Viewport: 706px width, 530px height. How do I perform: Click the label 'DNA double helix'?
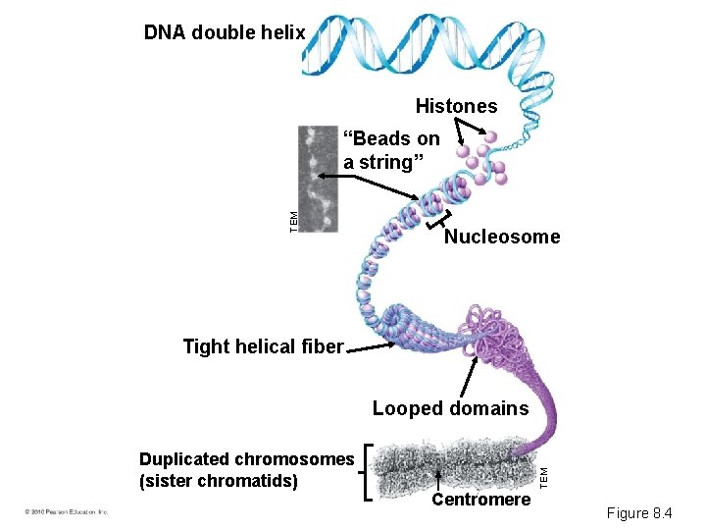pos(225,32)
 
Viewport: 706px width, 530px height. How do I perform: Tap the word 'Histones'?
pos(456,106)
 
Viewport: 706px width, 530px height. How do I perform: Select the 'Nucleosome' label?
pos(502,237)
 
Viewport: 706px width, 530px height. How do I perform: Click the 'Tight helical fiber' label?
pos(263,346)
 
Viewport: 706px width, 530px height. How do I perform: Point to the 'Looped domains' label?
pos(450,408)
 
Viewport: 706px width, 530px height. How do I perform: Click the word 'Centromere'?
pos(481,501)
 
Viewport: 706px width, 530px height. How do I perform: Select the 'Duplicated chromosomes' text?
pos(246,459)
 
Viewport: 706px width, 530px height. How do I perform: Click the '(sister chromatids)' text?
pos(219,481)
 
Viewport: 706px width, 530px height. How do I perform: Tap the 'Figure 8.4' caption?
pos(639,512)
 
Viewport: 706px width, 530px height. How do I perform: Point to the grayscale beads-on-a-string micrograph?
pos(318,179)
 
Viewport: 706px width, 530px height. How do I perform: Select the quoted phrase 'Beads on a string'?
pos(391,150)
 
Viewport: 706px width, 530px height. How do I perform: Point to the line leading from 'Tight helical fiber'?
pos(392,344)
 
